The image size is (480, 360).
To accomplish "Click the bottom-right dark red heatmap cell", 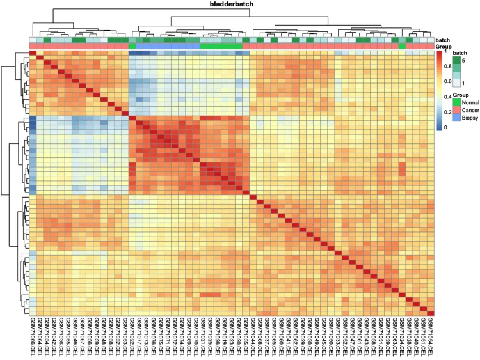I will pos(431,313).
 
